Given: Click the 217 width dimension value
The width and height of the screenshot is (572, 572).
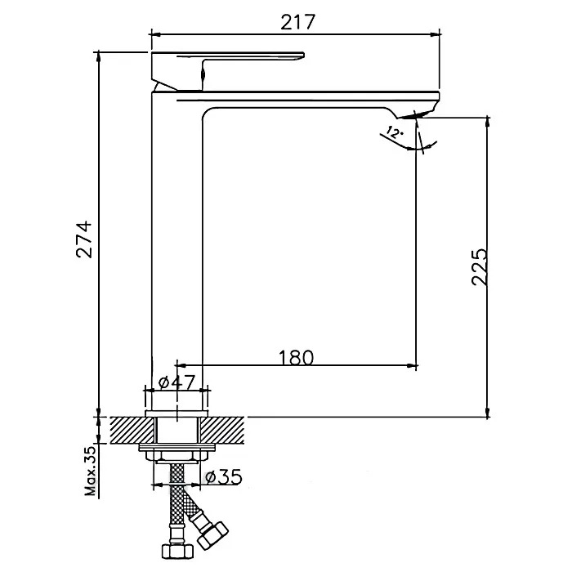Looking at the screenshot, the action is click(x=297, y=22).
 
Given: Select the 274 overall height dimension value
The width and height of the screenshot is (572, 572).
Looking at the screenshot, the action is click(x=84, y=239).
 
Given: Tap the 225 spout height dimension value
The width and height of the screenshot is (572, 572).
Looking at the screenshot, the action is click(x=479, y=267).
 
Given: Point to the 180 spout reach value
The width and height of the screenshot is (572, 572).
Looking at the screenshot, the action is click(x=296, y=358).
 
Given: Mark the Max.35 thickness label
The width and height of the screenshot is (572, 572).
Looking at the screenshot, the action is click(x=91, y=471).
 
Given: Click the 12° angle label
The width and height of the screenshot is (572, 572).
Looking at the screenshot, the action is click(x=394, y=132).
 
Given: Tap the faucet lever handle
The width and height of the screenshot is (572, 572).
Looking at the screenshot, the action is click(x=227, y=69).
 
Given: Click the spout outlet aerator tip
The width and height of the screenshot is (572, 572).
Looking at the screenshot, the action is click(x=412, y=115).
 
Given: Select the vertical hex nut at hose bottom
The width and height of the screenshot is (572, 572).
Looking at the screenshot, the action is click(x=177, y=551).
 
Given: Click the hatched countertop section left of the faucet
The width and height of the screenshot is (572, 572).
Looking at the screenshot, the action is click(x=132, y=431).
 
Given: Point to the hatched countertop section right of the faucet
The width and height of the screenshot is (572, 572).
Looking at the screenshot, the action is click(x=221, y=431).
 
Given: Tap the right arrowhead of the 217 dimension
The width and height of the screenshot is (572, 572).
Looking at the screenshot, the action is click(x=436, y=34).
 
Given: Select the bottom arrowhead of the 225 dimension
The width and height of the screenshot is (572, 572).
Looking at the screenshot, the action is click(x=487, y=412).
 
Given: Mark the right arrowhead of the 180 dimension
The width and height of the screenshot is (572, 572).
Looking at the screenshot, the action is click(x=412, y=365).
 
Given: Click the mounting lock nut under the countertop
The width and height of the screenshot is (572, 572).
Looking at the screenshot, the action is click(x=177, y=455).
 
